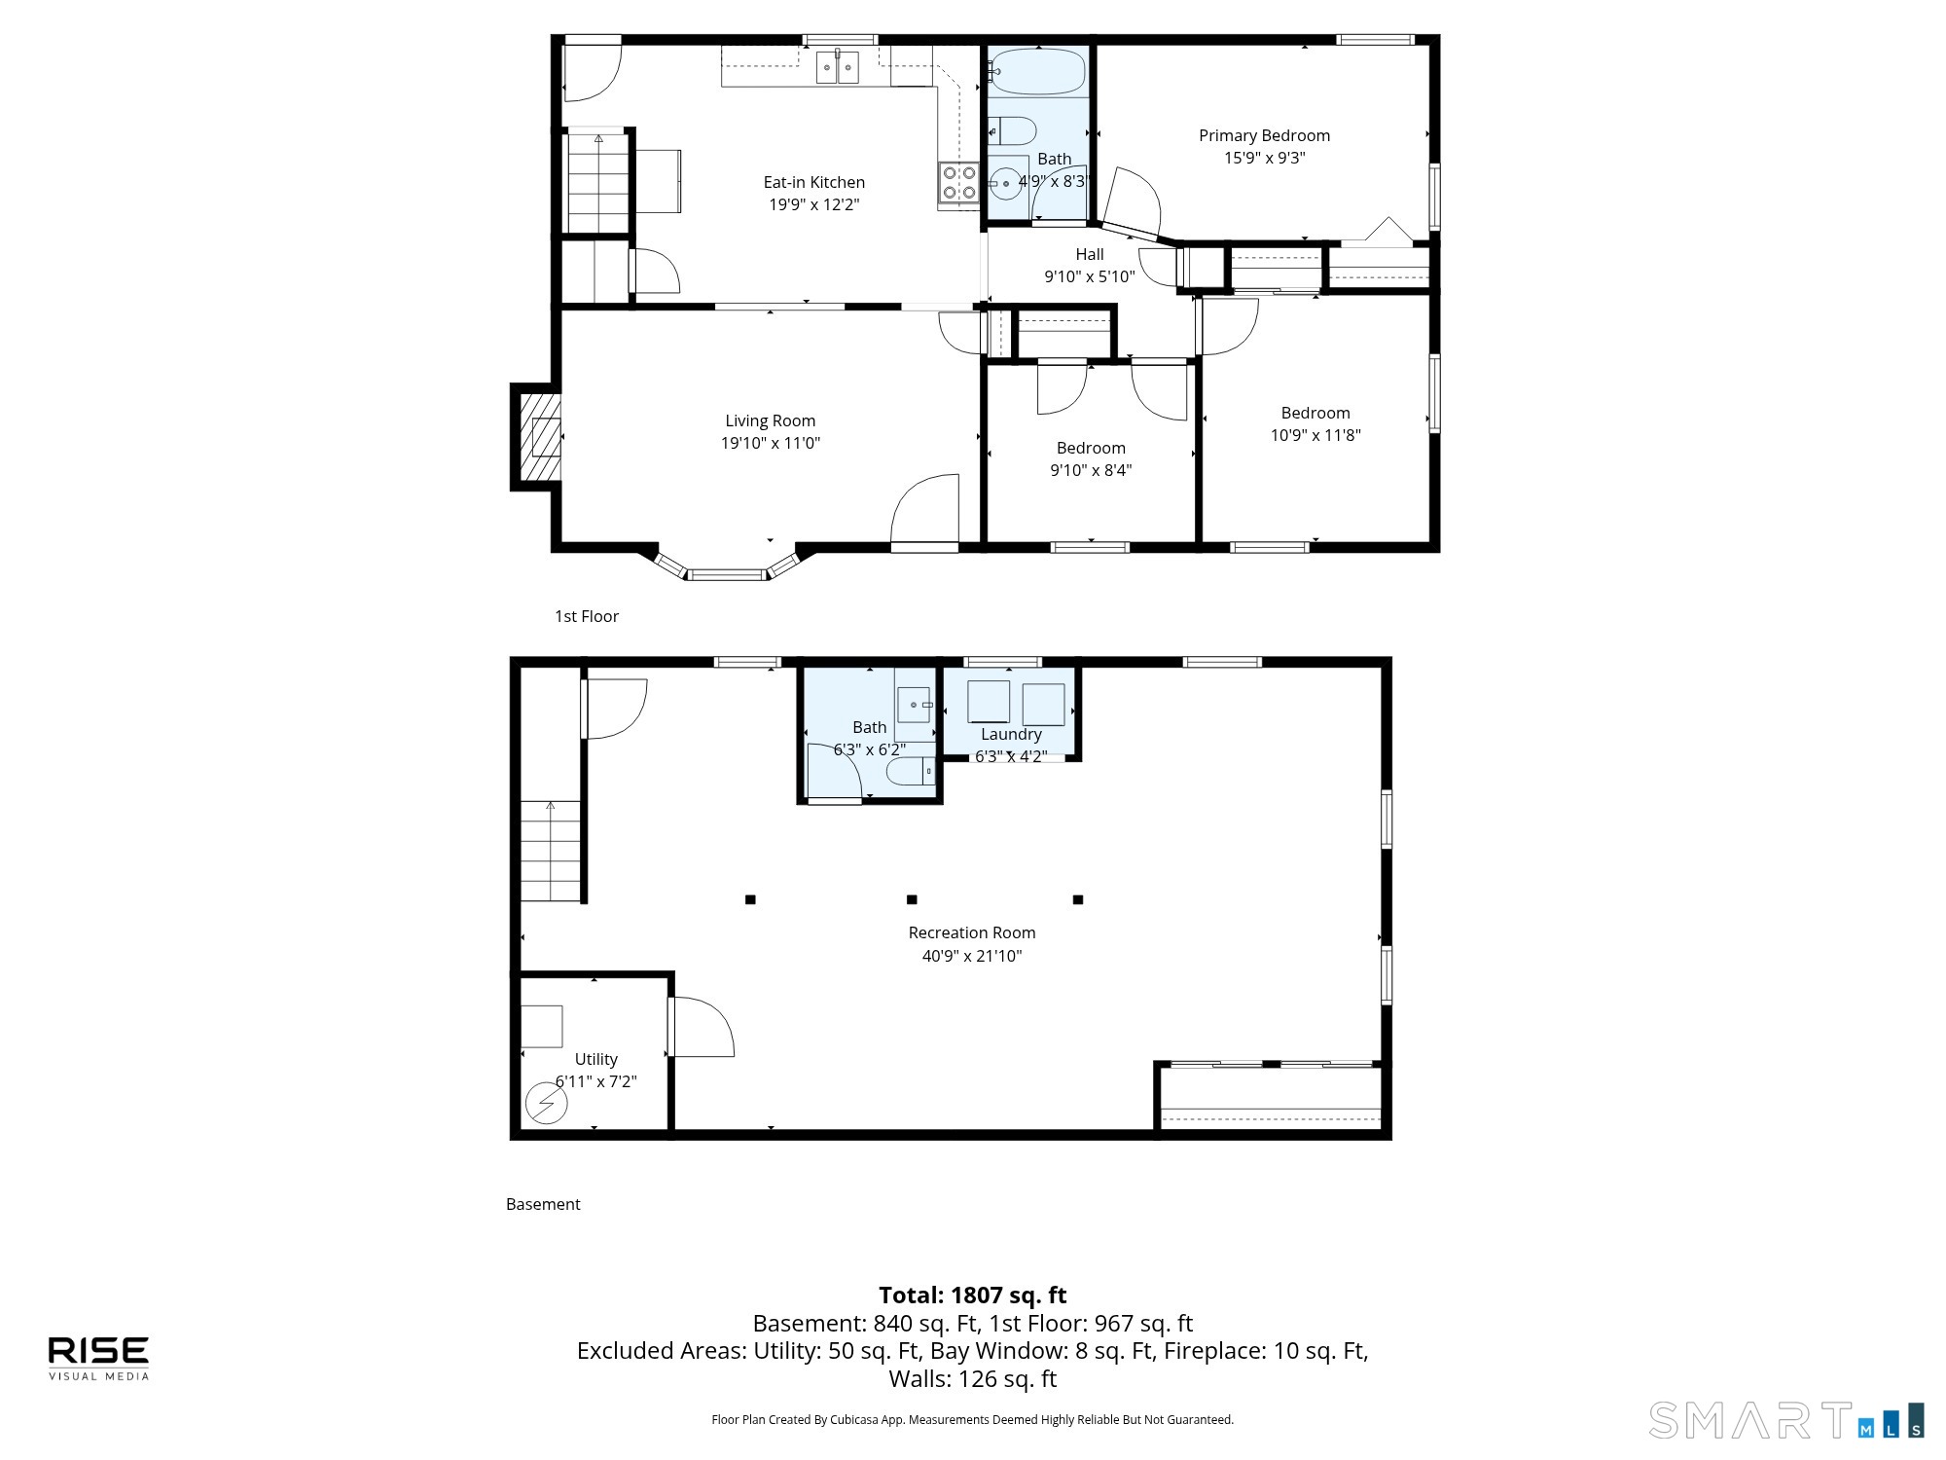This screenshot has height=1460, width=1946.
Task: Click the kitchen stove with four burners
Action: click(958, 182)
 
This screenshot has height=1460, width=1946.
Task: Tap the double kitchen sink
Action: click(837, 67)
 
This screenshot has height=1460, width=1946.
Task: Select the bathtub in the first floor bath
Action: click(1038, 71)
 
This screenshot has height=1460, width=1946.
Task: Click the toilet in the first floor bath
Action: click(1012, 130)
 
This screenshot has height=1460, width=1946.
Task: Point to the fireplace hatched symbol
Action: click(540, 437)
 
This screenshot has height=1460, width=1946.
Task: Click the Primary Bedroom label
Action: click(1264, 135)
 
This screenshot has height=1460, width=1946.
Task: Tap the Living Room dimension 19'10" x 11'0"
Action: click(770, 443)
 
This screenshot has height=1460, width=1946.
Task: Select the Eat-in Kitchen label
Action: click(813, 182)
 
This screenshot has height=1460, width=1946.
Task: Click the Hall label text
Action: click(1090, 254)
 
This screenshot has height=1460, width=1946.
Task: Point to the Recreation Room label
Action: click(972, 932)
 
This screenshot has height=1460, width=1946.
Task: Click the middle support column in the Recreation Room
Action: click(912, 899)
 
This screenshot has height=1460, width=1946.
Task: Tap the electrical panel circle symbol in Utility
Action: click(546, 1104)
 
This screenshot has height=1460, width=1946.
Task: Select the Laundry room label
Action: click(1011, 734)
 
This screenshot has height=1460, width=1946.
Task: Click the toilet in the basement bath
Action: click(911, 773)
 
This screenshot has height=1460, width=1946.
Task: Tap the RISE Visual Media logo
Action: click(99, 1358)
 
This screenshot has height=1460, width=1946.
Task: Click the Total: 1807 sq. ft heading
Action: click(973, 1295)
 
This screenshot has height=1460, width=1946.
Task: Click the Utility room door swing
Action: click(702, 1027)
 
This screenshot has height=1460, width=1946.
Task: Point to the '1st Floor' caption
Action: click(587, 616)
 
